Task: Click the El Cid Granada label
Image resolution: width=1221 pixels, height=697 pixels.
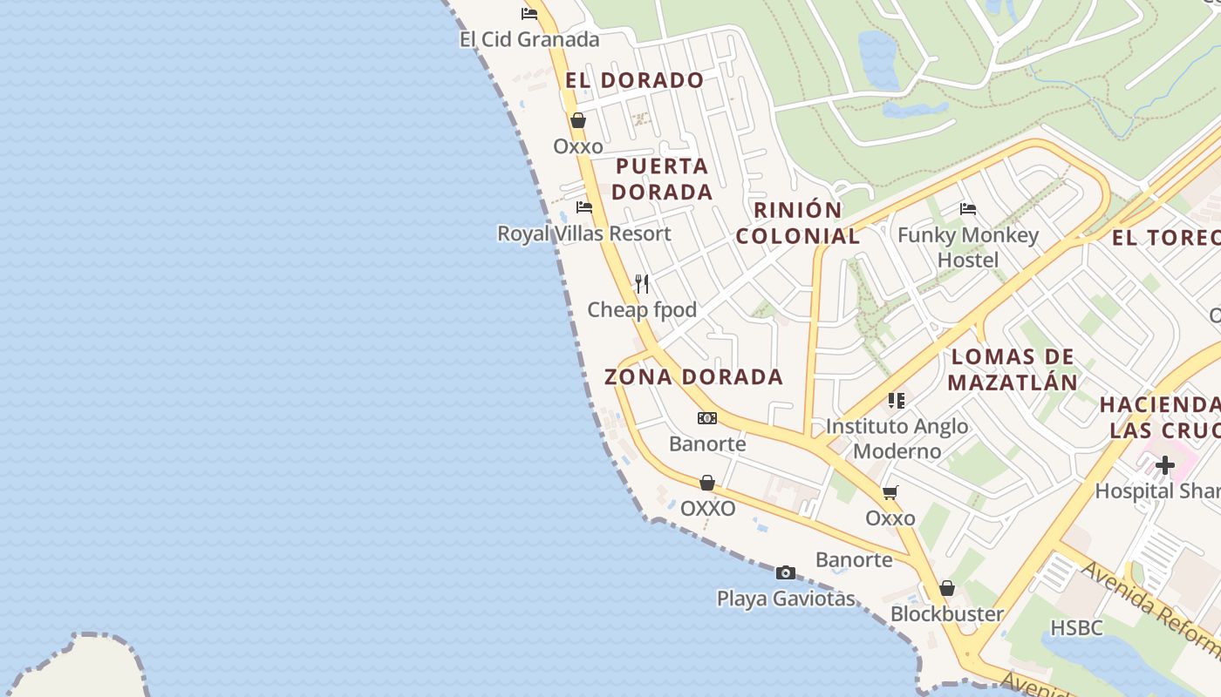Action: [529, 39]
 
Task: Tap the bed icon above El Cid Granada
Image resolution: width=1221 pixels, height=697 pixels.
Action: [529, 13]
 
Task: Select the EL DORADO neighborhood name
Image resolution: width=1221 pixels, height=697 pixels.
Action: [634, 80]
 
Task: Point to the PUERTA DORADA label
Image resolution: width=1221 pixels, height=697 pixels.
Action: [663, 179]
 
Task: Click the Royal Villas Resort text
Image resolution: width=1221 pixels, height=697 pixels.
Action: [584, 233]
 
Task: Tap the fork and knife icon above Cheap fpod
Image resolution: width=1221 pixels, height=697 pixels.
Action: [642, 284]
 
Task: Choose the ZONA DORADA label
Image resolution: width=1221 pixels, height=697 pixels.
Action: [694, 376]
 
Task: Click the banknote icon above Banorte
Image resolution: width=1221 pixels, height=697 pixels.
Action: [707, 418]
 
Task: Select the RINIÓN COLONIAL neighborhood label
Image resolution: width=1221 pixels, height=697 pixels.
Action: [798, 223]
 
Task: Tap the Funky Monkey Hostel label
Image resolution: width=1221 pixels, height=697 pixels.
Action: [968, 247]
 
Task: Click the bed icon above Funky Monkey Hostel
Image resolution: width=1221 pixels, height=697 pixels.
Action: [967, 209]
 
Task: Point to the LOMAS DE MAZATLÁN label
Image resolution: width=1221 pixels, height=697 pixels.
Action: [1013, 369]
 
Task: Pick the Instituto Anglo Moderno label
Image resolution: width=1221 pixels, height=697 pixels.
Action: [897, 438]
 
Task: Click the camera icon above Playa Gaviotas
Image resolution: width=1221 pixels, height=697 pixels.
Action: [786, 572]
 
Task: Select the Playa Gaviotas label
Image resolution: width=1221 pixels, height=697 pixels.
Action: [786, 599]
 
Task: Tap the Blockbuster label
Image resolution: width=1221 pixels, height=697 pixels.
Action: [946, 614]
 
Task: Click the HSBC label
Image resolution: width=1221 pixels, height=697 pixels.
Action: [1076, 627]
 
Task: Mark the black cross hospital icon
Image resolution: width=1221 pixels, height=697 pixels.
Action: [1164, 465]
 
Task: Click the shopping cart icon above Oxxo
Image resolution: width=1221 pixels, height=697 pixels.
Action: [890, 493]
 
